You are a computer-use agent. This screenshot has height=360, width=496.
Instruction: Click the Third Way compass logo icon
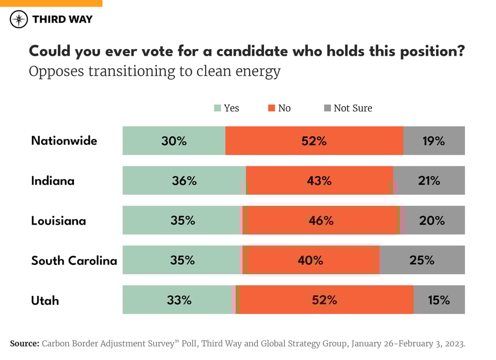19,20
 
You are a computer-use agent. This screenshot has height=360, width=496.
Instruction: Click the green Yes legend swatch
218,108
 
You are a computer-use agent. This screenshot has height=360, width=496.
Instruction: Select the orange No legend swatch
271,108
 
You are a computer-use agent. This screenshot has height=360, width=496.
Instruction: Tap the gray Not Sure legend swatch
327,108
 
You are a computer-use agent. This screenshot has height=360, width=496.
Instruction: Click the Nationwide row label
64,140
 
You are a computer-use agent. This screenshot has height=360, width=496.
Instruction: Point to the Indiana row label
53,181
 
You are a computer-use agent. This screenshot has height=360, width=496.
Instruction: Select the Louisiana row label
58,221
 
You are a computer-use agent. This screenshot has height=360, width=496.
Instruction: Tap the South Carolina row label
74,260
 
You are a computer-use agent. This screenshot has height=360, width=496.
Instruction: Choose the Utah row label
45,300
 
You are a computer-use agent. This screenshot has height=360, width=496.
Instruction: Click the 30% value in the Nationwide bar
174,141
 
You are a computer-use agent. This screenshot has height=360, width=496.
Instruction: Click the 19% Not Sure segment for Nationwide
433,141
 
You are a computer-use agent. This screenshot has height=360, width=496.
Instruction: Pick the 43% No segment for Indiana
319,181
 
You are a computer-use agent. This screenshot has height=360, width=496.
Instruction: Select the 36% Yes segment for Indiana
184,181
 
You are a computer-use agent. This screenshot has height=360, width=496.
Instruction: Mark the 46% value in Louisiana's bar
321,221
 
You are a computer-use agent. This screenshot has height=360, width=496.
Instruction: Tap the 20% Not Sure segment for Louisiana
432,221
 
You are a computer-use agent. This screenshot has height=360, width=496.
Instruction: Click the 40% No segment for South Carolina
310,260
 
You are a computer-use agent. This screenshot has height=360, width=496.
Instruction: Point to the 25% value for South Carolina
422,260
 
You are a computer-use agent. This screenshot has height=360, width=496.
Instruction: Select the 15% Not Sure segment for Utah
439,300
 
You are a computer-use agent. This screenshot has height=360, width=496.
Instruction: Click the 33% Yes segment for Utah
179,300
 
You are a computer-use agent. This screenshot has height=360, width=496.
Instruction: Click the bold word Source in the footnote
24,343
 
